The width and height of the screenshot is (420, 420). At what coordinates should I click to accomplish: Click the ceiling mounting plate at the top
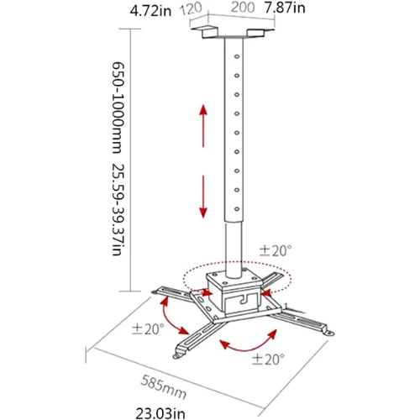[227, 33]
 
